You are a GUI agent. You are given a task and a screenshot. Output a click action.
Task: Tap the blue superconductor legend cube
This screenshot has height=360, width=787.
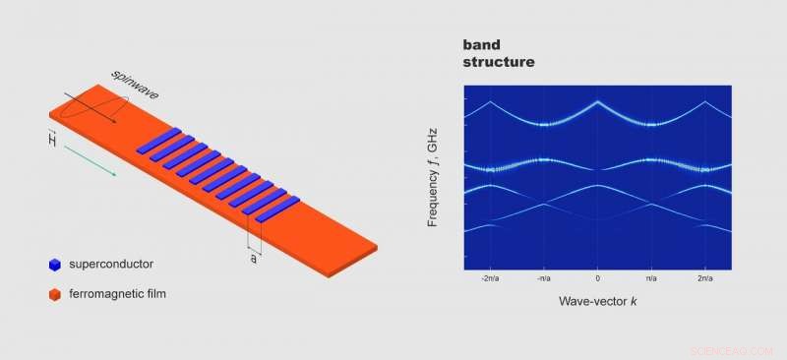55,265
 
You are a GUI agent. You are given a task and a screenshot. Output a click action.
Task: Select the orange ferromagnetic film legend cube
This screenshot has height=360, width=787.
55,293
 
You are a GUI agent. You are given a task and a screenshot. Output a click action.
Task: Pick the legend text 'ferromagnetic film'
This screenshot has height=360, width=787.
124,293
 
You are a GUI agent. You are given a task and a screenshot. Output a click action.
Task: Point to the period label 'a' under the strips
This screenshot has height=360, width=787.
254,258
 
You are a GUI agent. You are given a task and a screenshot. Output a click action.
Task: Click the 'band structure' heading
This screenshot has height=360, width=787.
499,54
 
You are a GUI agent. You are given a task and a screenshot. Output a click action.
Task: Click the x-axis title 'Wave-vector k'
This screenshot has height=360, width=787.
598,300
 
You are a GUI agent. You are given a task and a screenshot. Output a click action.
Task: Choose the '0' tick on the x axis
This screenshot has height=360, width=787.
597,279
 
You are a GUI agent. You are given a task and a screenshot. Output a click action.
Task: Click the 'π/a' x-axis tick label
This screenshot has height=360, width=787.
650,279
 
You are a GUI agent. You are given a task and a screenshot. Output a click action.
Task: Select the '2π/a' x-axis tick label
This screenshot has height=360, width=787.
703,279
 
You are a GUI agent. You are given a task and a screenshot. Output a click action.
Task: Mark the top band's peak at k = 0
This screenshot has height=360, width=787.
597,101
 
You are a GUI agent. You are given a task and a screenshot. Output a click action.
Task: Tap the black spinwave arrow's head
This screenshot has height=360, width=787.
114,122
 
